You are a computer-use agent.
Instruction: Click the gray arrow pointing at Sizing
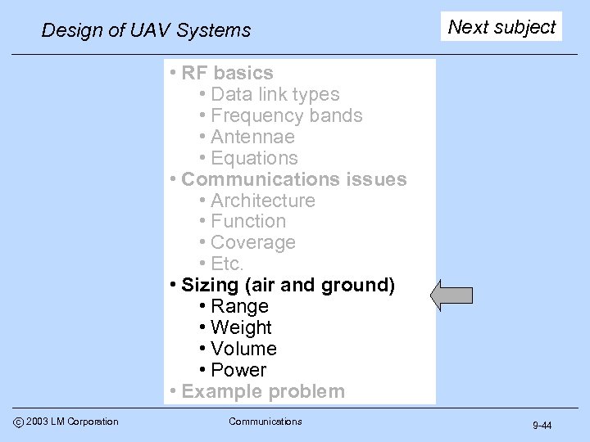[x=451, y=295]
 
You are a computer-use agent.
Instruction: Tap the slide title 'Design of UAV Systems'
[x=146, y=31]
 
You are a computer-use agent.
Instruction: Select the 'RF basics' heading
[x=228, y=74]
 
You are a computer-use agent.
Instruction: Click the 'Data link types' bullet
[x=275, y=95]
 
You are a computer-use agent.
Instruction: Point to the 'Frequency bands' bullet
[x=286, y=116]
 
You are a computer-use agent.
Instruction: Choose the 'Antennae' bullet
[x=252, y=137]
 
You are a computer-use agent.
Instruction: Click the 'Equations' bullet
[x=254, y=158]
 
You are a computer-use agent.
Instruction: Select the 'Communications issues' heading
[x=293, y=179]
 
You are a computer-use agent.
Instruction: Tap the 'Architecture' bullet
[x=262, y=201]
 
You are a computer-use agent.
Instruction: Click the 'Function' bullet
[x=248, y=221]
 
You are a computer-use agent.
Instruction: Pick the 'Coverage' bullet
[x=252, y=242]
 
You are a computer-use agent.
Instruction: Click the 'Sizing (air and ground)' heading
[x=288, y=285]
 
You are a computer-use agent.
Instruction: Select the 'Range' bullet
[x=239, y=306]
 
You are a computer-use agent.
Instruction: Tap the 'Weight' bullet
[x=241, y=327]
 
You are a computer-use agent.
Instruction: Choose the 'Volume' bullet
[x=243, y=349]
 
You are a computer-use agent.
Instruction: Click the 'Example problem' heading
[x=263, y=391]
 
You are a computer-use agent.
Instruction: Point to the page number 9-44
[x=542, y=426]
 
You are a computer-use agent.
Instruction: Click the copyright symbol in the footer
[x=17, y=422]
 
